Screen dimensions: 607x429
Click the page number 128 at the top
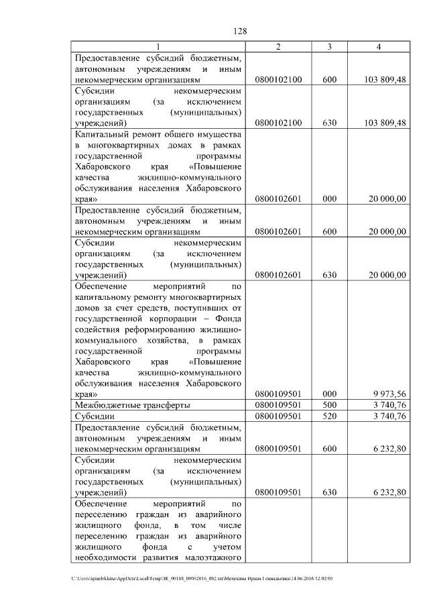[241, 32]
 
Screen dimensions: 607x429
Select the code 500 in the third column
[329, 404]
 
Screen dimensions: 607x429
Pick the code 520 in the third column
[329, 416]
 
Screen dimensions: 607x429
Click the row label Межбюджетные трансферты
[132, 405]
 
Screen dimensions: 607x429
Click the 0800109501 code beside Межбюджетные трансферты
[279, 404]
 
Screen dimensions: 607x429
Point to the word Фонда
[227, 319]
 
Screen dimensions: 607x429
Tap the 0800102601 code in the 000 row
[279, 199]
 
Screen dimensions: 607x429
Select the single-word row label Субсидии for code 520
[93, 417]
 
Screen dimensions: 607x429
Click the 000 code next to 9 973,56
[329, 394]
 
